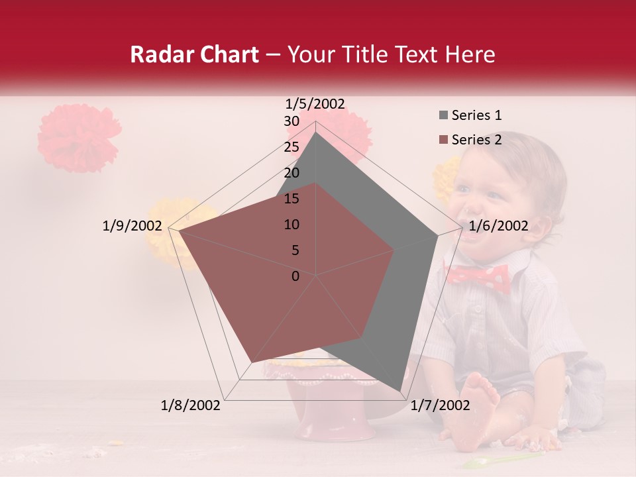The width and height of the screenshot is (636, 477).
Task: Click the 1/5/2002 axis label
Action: [x=315, y=103]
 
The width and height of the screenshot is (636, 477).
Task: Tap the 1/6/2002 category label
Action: [x=498, y=226]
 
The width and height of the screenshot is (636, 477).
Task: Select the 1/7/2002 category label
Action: [x=440, y=405]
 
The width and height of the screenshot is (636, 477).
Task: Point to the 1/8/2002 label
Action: [x=191, y=405]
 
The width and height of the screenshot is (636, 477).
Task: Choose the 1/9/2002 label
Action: [x=132, y=226]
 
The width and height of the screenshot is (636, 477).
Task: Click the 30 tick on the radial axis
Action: [x=291, y=121]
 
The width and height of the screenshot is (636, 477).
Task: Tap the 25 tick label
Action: [x=291, y=147]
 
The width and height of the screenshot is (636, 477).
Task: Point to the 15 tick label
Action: [x=291, y=199]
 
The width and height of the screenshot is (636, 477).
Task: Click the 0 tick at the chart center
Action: [x=295, y=276]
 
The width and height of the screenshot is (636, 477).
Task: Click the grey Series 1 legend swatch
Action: [x=443, y=115]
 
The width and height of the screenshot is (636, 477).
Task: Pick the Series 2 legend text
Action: [x=476, y=140]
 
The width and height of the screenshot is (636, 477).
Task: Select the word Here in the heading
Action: [x=470, y=54]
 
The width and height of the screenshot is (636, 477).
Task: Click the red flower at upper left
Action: [x=78, y=137]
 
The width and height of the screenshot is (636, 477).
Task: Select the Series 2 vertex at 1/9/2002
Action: [x=179, y=231]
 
